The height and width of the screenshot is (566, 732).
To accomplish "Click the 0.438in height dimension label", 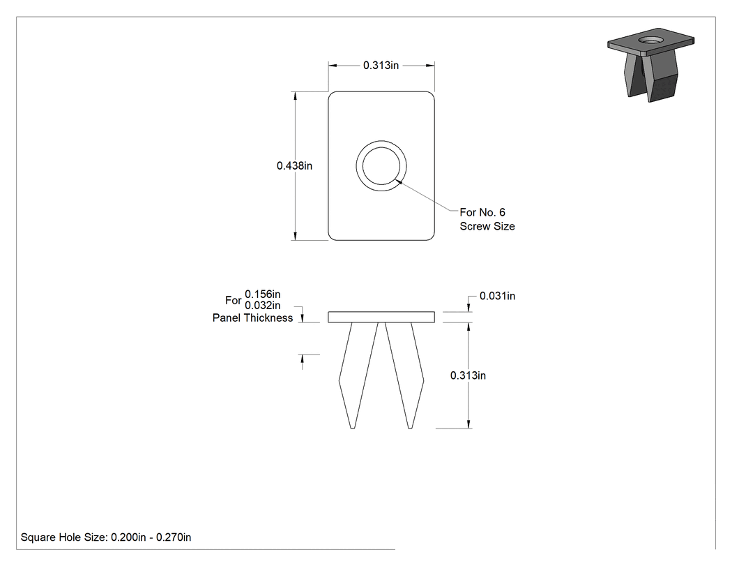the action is click(x=294, y=165).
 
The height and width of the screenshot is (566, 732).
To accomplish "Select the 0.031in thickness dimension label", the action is click(x=497, y=296).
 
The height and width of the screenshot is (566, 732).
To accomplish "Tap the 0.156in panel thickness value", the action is click(x=262, y=294).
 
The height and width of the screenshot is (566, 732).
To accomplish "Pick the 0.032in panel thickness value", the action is click(x=262, y=305).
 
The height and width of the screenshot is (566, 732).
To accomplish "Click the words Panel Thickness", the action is click(x=252, y=318).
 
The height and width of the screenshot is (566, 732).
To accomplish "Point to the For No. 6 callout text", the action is click(x=482, y=212).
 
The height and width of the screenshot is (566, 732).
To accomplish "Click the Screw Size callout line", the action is click(x=487, y=226).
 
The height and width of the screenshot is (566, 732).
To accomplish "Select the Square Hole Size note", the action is click(x=106, y=537).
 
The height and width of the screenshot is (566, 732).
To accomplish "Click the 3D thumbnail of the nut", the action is click(x=650, y=64).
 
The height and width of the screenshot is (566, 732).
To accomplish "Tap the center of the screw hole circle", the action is click(x=381, y=166).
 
